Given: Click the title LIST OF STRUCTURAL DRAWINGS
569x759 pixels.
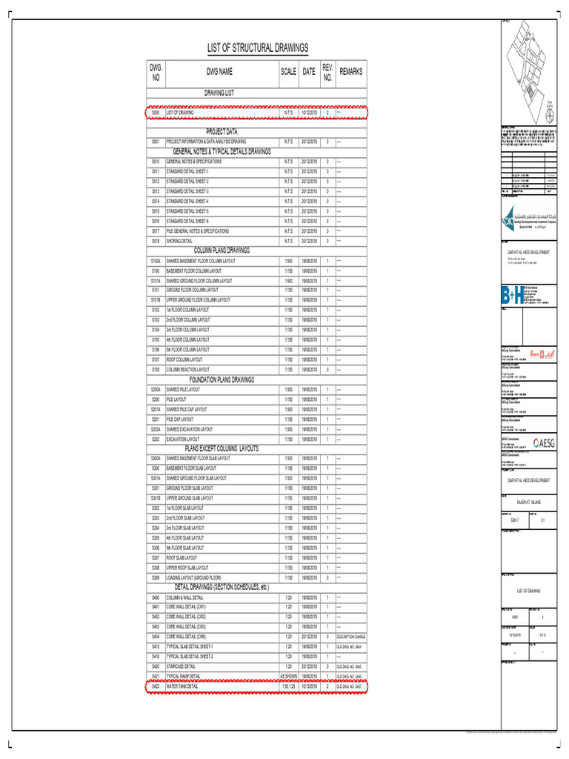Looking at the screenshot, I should click(257, 48).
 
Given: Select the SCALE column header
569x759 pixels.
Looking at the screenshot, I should click(287, 72).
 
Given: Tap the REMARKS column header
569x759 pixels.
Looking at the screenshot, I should click(351, 72).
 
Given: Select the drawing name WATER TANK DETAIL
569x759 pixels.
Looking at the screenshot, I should click(182, 687).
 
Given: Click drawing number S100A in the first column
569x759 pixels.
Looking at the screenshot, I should click(156, 261).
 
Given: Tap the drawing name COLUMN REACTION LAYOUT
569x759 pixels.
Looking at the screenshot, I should click(187, 369).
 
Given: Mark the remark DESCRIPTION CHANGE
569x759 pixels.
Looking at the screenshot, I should click(351, 637).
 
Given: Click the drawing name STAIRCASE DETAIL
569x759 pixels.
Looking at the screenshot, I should click(181, 666).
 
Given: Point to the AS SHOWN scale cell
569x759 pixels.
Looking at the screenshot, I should click(287, 677).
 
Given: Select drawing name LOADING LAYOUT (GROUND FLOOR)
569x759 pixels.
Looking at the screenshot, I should click(193, 577).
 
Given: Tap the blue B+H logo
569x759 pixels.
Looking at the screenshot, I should click(512, 296).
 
